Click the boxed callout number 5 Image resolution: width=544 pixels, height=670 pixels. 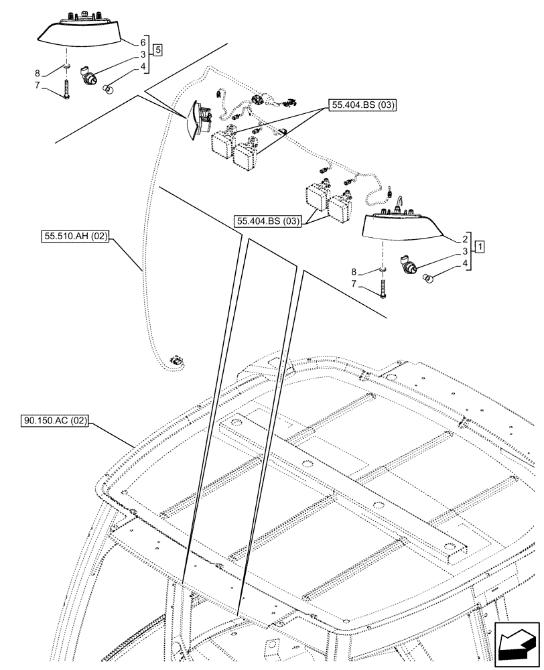pos(157,49)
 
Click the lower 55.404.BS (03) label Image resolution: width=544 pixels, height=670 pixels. pos(267,220)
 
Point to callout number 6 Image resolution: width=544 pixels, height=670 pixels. pos(143,42)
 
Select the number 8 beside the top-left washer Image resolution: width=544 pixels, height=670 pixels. pos(38,73)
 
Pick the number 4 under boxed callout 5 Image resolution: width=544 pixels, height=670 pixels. pos(143,66)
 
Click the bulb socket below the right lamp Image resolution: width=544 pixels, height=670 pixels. pos(408,265)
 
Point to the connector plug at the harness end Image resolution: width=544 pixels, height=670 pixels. pos(178,361)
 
